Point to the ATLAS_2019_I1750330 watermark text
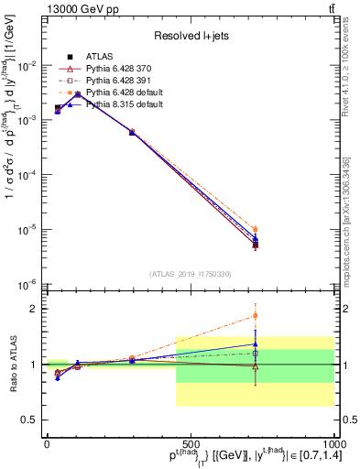tap(190, 274)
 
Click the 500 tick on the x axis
tap(191, 442)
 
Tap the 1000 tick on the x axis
tap(333, 442)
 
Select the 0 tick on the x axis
tap(47, 442)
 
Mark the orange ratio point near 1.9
tap(256, 316)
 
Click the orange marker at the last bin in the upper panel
tap(256, 229)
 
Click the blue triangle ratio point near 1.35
tap(256, 344)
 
